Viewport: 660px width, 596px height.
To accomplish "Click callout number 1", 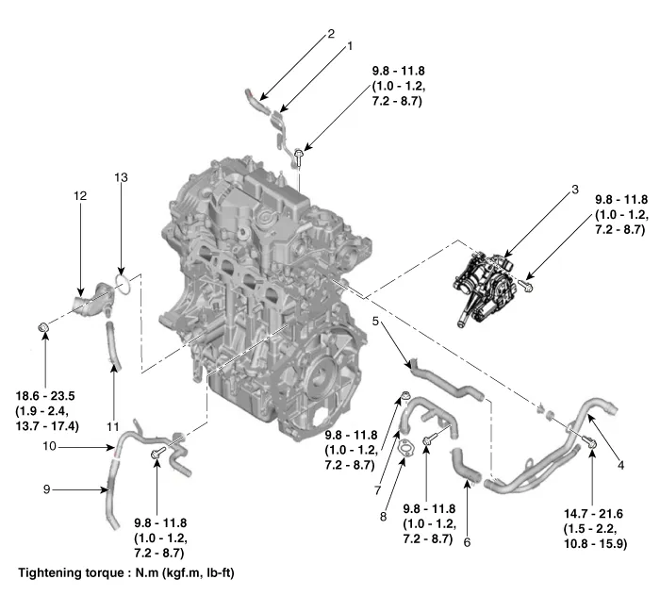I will pos(350,45).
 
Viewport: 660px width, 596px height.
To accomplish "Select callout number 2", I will pos(331,34).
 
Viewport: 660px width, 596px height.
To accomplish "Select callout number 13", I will pos(120,177).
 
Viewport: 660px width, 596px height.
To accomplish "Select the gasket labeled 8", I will pos(404,448).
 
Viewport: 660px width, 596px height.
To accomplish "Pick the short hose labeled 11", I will pos(113,344).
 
